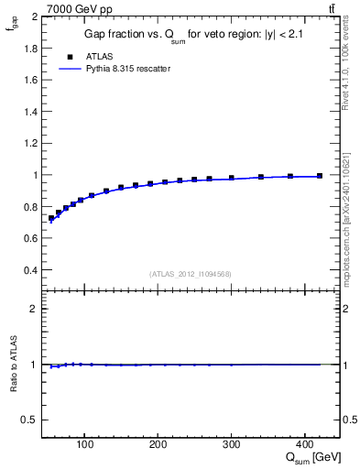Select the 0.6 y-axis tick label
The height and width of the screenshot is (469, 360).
[x=32, y=238]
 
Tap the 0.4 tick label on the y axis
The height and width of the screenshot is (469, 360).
[x=32, y=270]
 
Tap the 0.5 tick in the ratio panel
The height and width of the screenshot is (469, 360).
[x=32, y=420]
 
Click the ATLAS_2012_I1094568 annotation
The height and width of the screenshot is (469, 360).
[x=191, y=274]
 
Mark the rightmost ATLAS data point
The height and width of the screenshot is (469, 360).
[x=319, y=176]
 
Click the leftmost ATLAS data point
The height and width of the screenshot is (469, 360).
[x=51, y=218]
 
